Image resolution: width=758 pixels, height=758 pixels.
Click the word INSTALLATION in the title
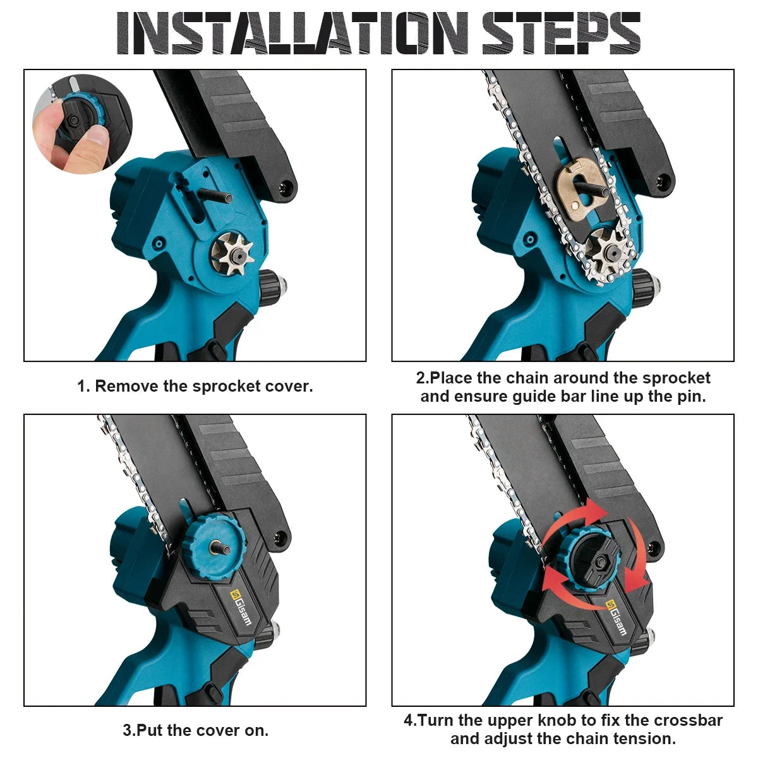tap(293, 33)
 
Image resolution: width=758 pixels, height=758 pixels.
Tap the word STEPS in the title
tap(562, 33)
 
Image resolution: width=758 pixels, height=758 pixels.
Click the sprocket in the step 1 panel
tap(232, 254)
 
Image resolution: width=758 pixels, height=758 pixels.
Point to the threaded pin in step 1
tap(214, 195)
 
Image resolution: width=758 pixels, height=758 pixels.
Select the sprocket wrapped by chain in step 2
tap(608, 252)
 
